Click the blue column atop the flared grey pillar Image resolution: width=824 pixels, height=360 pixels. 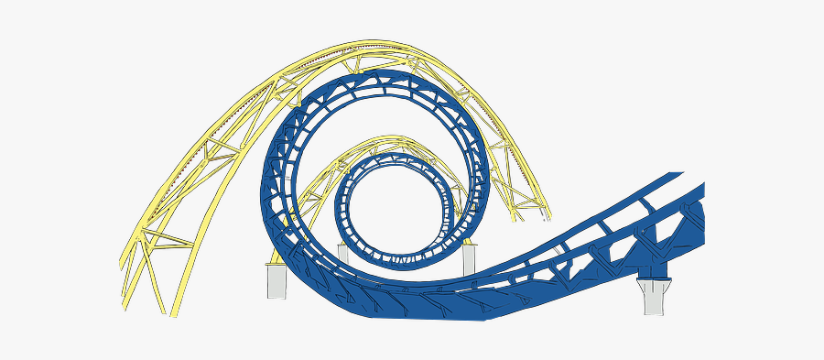point(651,272)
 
